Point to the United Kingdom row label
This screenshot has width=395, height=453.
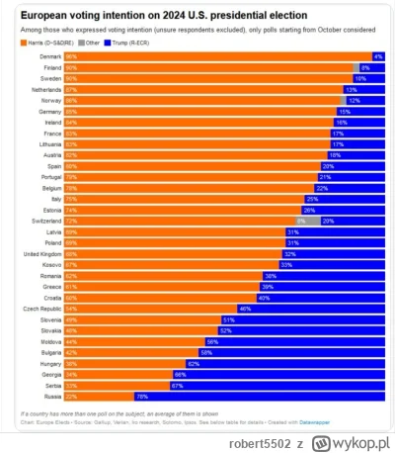click(x=39, y=253)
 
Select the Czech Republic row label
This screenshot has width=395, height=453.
click(x=40, y=308)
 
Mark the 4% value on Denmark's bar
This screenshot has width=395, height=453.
click(x=378, y=57)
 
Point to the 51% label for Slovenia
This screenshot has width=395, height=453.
click(x=228, y=318)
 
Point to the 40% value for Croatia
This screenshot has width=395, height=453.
click(x=264, y=297)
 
